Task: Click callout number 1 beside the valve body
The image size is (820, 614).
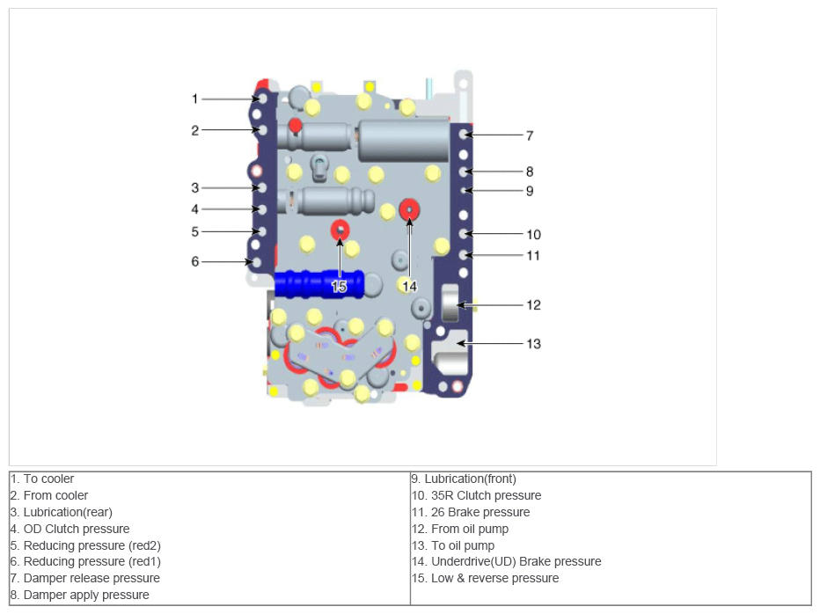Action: point(194,99)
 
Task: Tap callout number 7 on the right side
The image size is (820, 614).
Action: point(530,136)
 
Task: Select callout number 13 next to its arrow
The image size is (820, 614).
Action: point(533,344)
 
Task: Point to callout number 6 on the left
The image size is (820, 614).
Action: point(195,261)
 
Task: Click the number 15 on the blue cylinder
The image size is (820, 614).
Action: point(339,287)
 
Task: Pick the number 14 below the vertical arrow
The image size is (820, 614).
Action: point(409,287)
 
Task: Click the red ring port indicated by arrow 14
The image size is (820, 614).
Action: point(409,209)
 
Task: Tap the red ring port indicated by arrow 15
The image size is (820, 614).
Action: point(340,230)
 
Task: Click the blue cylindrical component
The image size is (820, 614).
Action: point(319,284)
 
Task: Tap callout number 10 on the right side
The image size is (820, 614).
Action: point(533,235)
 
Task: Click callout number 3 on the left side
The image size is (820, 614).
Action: point(195,187)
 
